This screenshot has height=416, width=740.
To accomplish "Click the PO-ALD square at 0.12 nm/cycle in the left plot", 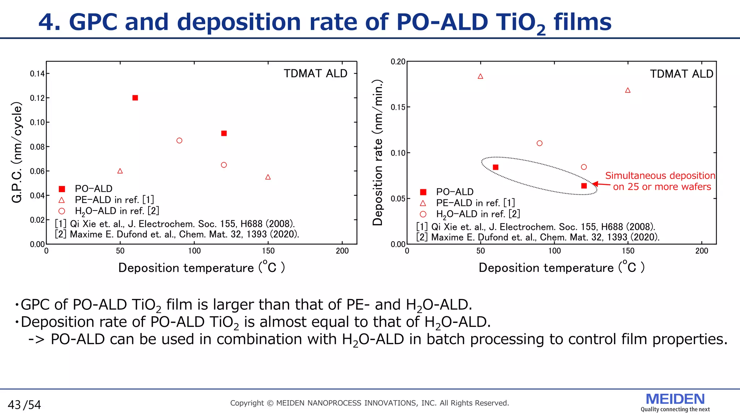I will click(135, 98).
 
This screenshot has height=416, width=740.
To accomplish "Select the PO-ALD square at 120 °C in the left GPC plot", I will click(224, 133).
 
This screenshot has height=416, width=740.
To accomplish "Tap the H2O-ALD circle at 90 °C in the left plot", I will click(179, 140).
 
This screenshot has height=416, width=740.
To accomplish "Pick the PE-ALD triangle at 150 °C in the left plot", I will click(268, 177).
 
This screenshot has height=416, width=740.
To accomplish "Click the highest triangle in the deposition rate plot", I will click(481, 76).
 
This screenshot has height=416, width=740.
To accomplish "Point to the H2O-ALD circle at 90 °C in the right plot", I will click(539, 143).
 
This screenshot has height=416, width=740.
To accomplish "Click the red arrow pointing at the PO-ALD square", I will click(601, 185).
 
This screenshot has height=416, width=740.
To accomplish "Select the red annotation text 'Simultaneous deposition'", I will click(660, 175).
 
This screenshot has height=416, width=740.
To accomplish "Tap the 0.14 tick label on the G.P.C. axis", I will click(37, 74).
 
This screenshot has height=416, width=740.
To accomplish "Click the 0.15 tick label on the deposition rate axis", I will click(398, 107).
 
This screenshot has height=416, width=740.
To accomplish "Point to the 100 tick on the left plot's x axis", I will click(194, 251).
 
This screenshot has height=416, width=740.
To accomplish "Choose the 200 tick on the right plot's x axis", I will click(702, 251).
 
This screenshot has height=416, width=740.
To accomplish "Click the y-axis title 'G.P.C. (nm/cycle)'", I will click(17, 152).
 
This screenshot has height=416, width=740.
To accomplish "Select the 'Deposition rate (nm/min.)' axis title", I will click(378, 153).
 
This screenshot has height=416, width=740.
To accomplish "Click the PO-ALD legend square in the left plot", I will click(62, 189).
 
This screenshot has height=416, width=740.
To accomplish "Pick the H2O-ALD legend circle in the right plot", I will click(423, 214).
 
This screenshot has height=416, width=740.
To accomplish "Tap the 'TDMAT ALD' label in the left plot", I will click(315, 74).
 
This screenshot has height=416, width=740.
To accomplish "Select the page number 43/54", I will click(25, 405).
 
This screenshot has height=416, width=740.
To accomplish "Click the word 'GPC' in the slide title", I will click(93, 22).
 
